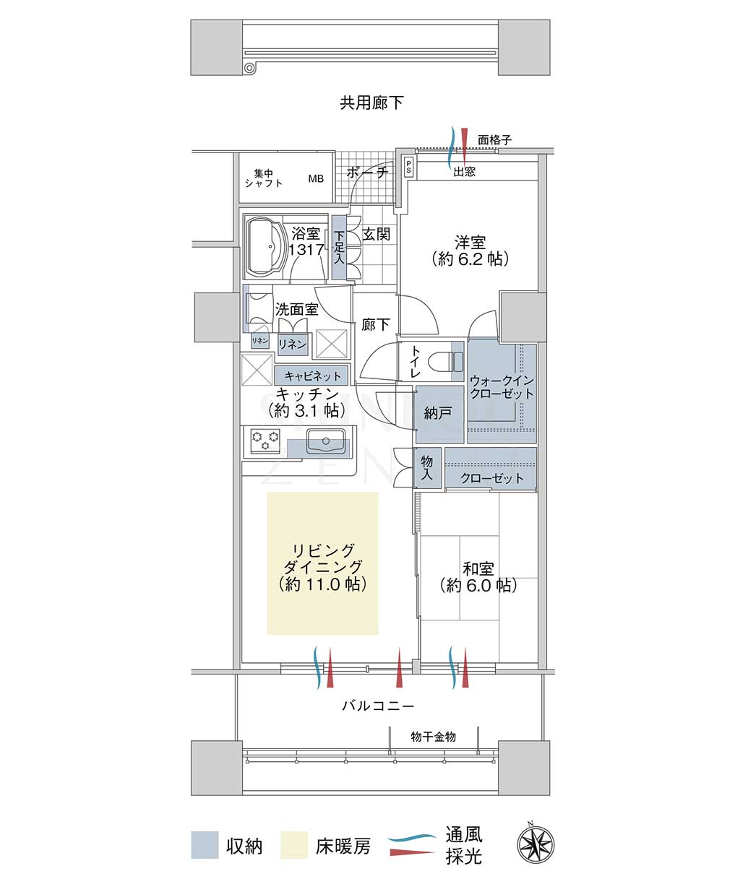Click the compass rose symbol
pos(536,845)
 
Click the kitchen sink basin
pos(326,441)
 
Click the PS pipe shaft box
pos(408,168)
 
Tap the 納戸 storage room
pos(439,414)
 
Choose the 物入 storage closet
pos(427,467)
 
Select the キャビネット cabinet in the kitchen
pos(311,376)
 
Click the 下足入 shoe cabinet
pos(339,248)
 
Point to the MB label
pos(316,179)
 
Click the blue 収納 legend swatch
pos(205,845)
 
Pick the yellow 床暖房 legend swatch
pos(294,845)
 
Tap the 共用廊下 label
pos(371,103)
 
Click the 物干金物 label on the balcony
pos(433,737)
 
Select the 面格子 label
pos(494,139)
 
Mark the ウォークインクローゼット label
pos(502,387)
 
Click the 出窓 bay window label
pos(464,172)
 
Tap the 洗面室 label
pos(296,309)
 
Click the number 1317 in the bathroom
pos(306,249)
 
